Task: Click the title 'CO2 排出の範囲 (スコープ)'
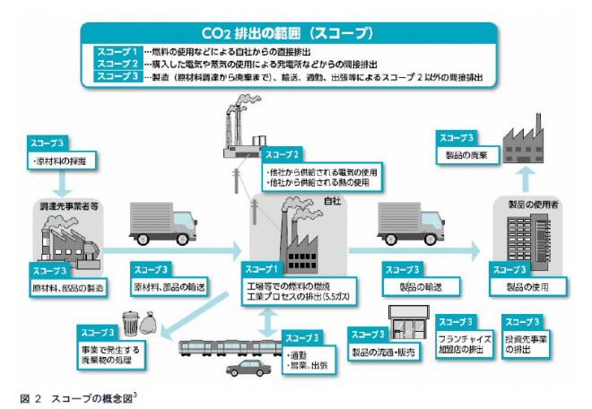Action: click(296, 34)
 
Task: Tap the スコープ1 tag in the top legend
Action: click(117, 53)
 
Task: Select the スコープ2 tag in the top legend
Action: click(117, 65)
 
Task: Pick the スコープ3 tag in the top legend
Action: click(117, 78)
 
